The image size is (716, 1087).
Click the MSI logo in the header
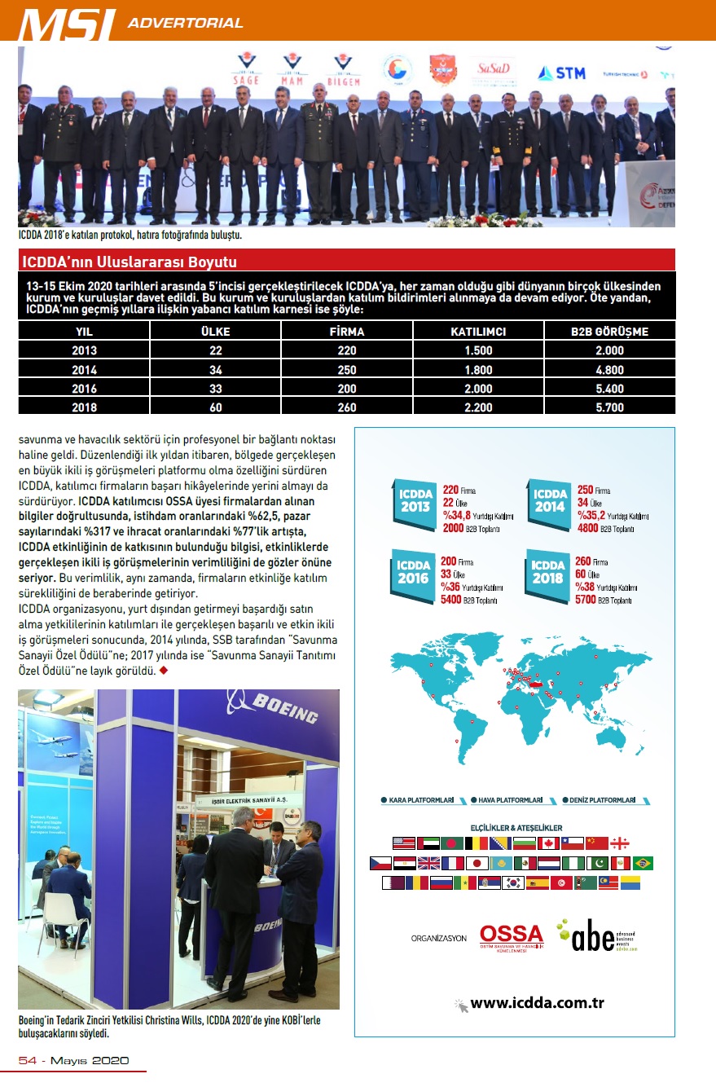pyautogui.click(x=67, y=24)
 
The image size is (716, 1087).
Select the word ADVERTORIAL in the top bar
pyautogui.click(x=186, y=23)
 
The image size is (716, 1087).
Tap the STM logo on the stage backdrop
pyautogui.click(x=561, y=73)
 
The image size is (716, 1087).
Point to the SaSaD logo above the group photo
pyautogui.click(x=493, y=68)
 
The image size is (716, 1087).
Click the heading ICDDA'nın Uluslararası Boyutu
pyautogui.click(x=128, y=262)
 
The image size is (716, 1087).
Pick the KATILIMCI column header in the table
pyautogui.click(x=479, y=332)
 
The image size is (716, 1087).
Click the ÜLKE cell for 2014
pyautogui.click(x=215, y=370)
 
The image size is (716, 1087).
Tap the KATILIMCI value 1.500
pyautogui.click(x=479, y=350)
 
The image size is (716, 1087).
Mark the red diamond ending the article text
pyautogui.click(x=164, y=671)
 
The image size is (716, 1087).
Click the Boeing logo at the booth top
pyautogui.click(x=273, y=708)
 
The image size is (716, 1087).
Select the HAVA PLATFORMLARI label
pyautogui.click(x=511, y=800)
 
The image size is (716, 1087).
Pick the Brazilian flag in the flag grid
pyautogui.click(x=644, y=863)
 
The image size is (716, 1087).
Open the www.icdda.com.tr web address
pyautogui.click(x=537, y=1003)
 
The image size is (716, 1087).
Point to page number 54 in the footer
pyautogui.click(x=29, y=1060)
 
